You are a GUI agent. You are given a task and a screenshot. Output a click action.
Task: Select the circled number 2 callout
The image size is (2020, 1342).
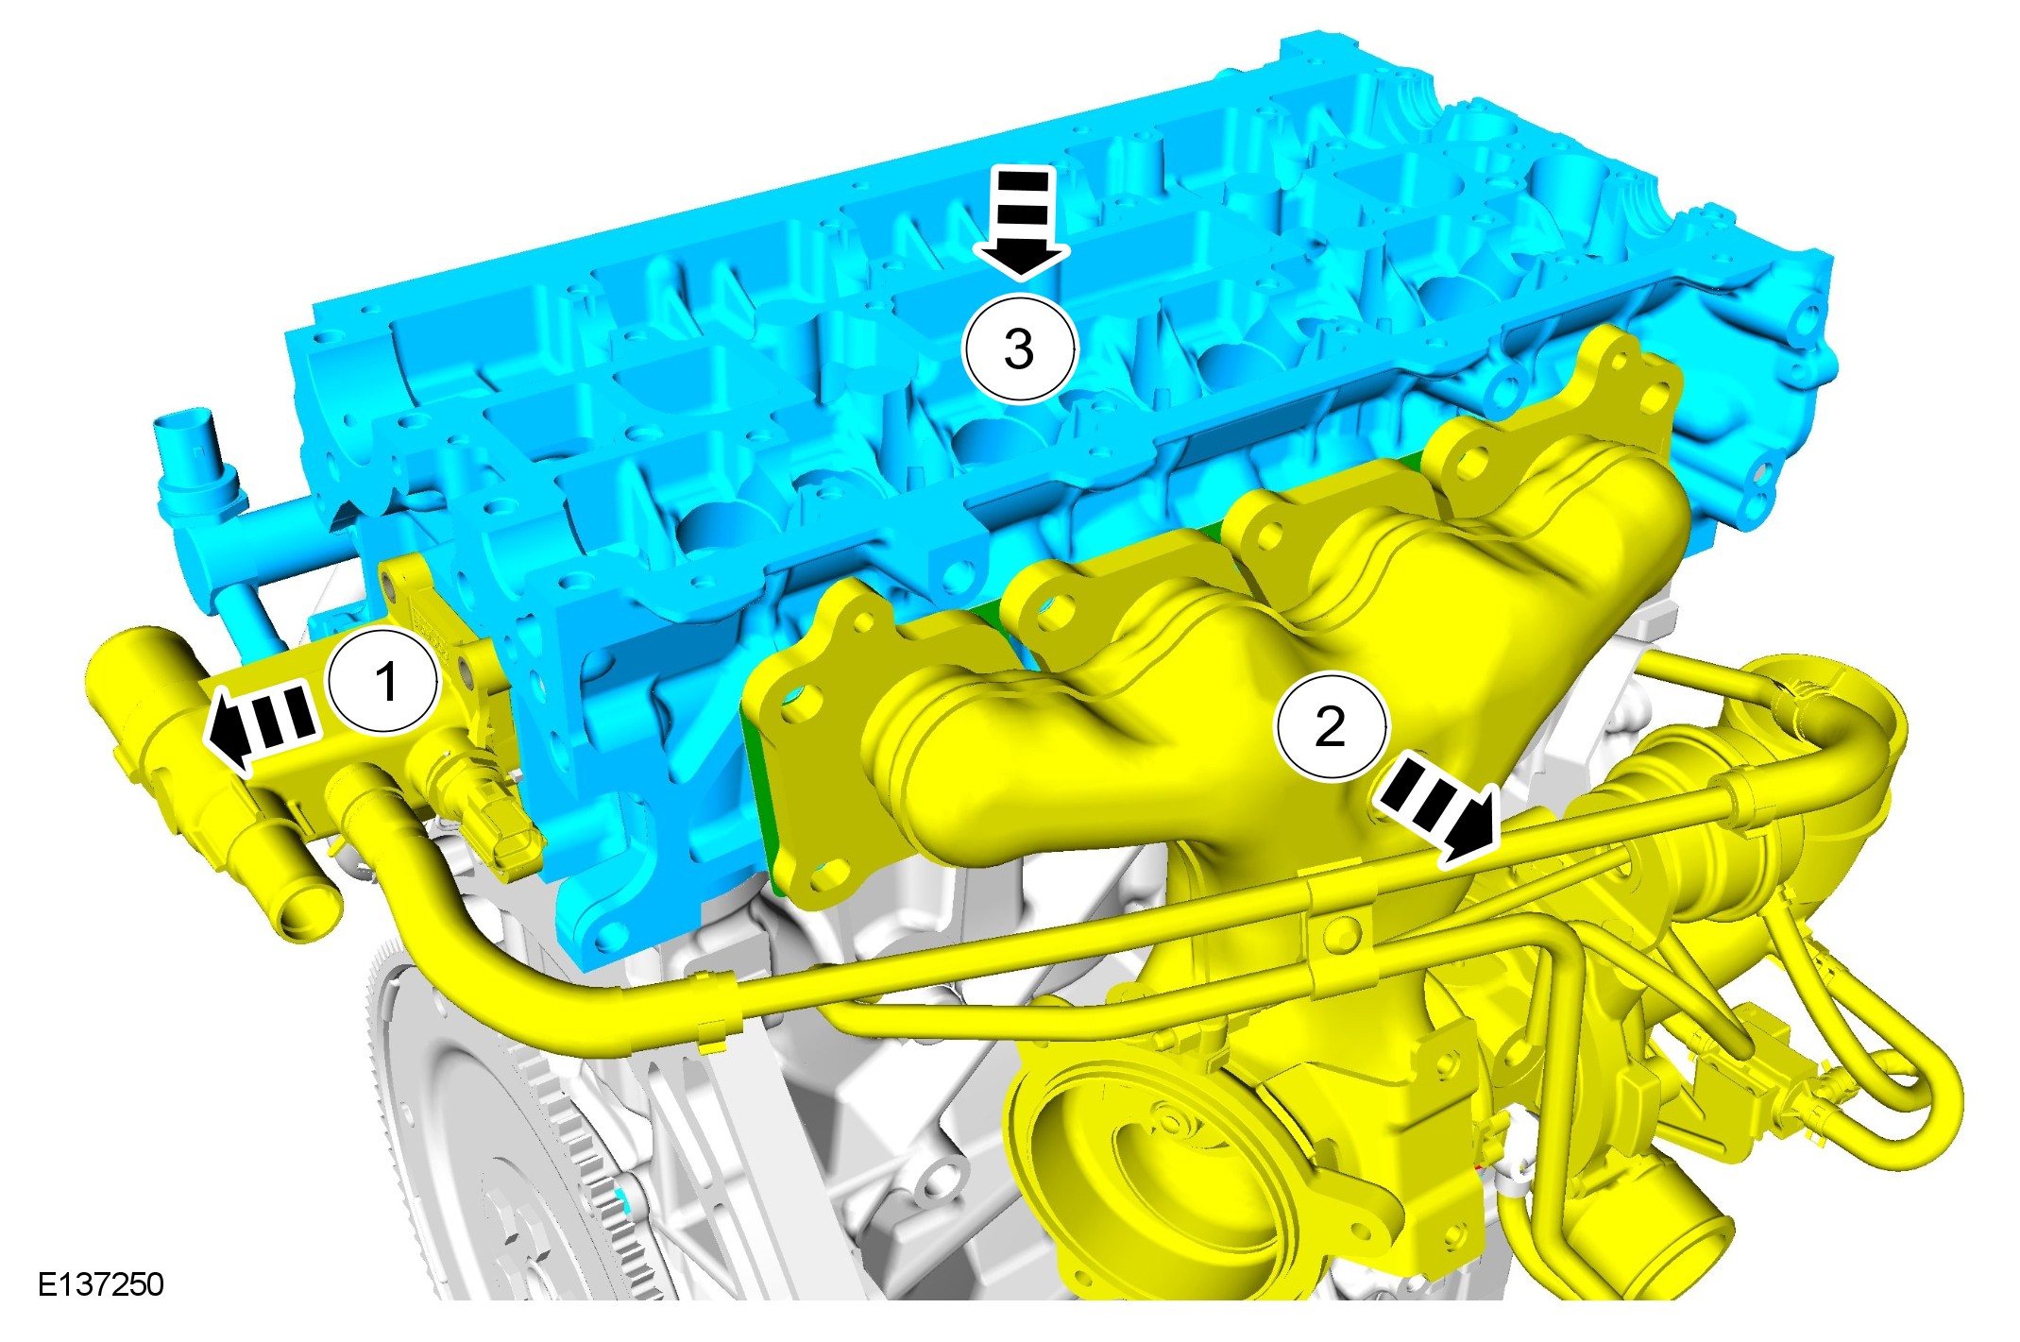coord(1331,725)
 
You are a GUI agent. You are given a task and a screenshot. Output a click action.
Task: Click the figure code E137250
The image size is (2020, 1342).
coord(101,1284)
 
